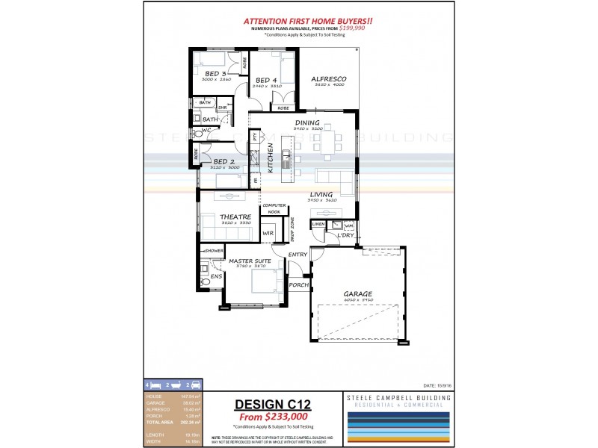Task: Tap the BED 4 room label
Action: pyautogui.click(x=267, y=80)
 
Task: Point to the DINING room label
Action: pyautogui.click(x=307, y=122)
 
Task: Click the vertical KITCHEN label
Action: pyautogui.click(x=271, y=158)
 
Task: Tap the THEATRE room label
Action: pyautogui.click(x=234, y=216)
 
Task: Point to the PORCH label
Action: pyautogui.click(x=299, y=284)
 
